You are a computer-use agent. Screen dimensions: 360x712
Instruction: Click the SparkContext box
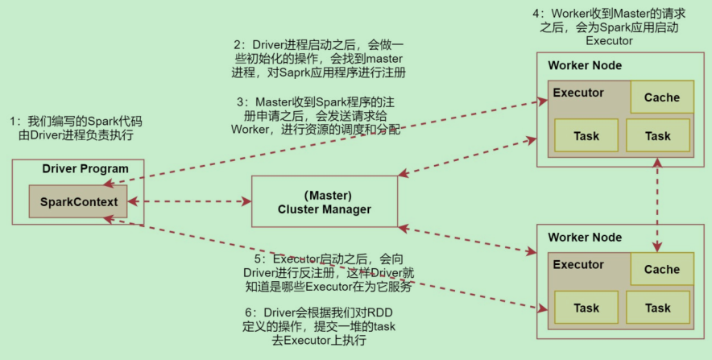(x=77, y=201)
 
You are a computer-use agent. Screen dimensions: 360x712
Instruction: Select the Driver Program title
(x=85, y=168)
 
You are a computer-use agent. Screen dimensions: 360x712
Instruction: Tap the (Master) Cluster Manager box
(x=325, y=201)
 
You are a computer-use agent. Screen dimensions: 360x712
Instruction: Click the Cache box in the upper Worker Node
(x=661, y=97)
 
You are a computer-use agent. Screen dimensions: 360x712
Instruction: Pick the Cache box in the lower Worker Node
(x=661, y=270)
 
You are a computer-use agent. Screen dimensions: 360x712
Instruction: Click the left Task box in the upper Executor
(x=586, y=136)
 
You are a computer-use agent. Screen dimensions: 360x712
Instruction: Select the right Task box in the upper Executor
(x=657, y=136)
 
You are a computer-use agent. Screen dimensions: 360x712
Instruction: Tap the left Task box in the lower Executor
(x=586, y=308)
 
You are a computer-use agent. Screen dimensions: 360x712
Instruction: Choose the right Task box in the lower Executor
(x=657, y=308)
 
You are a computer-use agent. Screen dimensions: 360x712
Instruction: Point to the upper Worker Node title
(x=585, y=65)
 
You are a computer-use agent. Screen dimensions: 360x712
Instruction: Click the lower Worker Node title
(x=585, y=238)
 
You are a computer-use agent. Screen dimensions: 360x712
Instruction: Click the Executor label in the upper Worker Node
(x=578, y=93)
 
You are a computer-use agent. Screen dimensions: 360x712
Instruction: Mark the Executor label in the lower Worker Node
(x=578, y=265)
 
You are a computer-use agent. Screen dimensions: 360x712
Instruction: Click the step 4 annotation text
(x=610, y=27)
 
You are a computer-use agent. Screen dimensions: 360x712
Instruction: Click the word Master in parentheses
(x=325, y=194)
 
